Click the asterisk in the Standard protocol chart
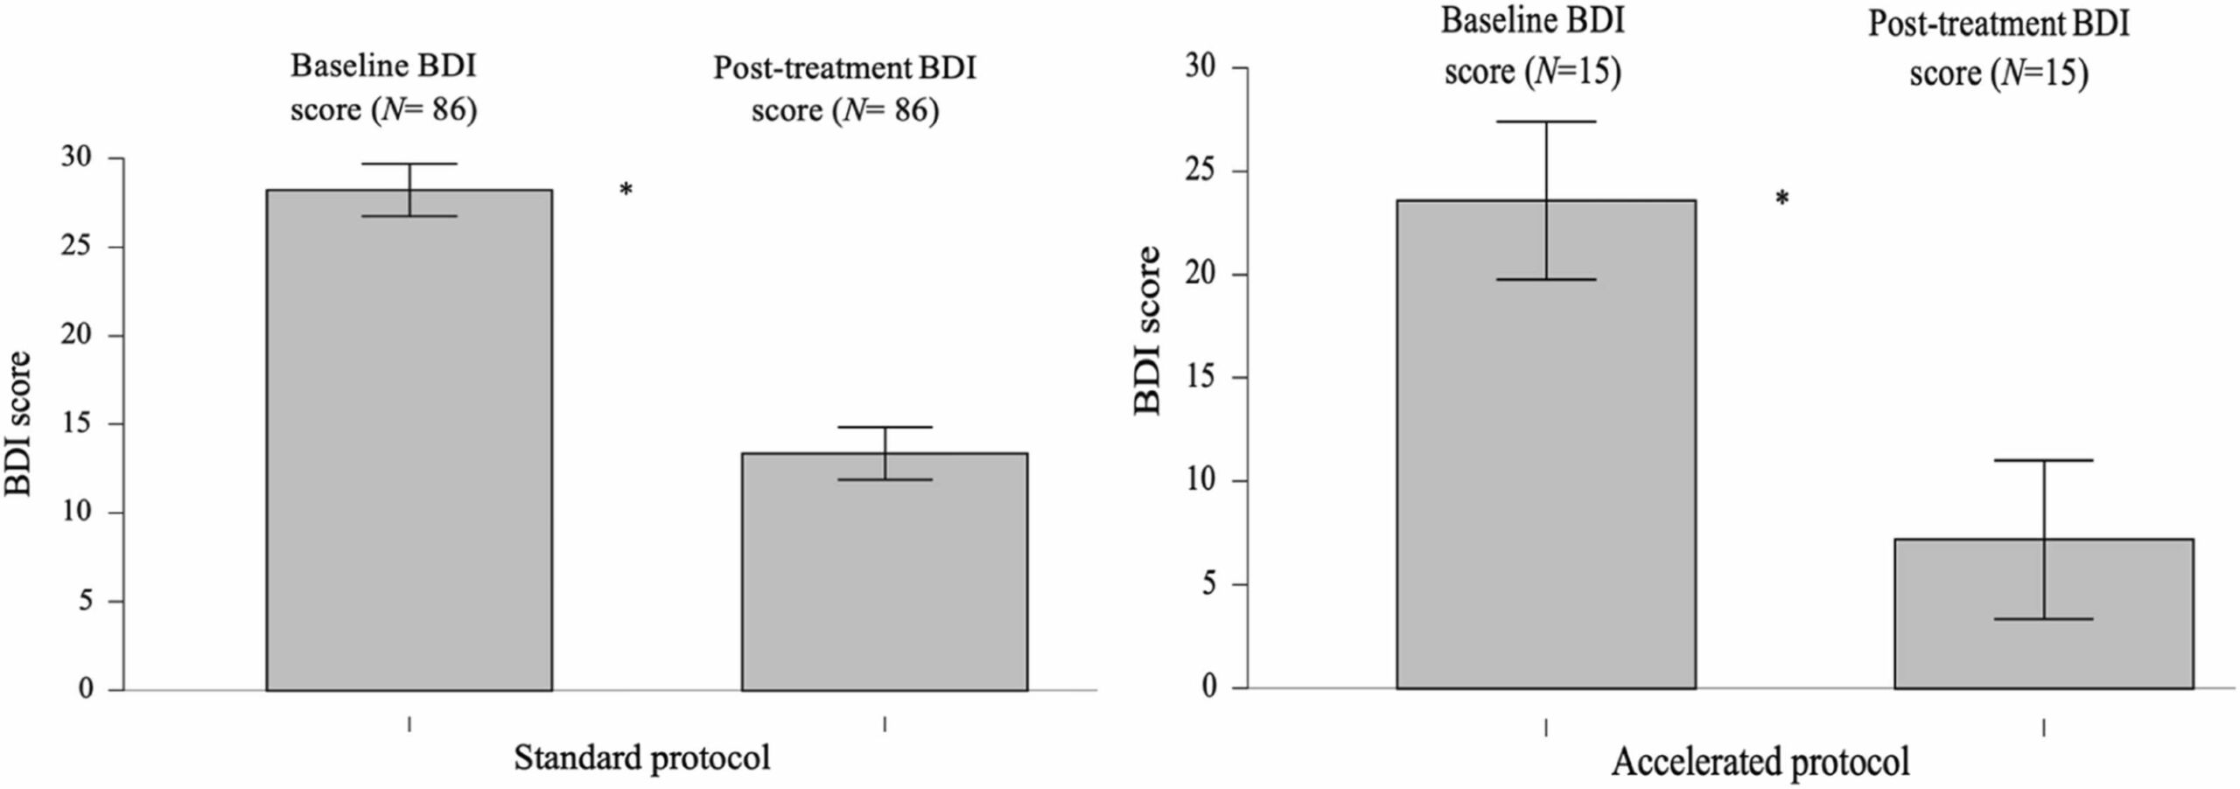pyautogui.click(x=626, y=190)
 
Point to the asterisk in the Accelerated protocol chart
pyautogui.click(x=1781, y=199)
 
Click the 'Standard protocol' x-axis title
pyautogui.click(x=641, y=758)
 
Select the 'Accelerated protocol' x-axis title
pyautogui.click(x=1760, y=761)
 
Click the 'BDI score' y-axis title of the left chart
pyautogui.click(x=18, y=423)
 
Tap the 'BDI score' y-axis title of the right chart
pyautogui.click(x=1147, y=330)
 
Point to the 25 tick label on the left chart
pyautogui.click(x=77, y=247)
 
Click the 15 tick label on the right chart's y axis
pyautogui.click(x=1202, y=378)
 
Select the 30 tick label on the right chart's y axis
pyautogui.click(x=1202, y=67)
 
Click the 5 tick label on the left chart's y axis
pyautogui.click(x=86, y=602)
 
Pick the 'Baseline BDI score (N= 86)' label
pyautogui.click(x=384, y=88)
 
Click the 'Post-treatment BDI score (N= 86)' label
pyautogui.click(x=844, y=89)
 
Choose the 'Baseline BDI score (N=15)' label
pyautogui.click(x=1532, y=46)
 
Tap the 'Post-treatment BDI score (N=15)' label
pyautogui.click(x=1998, y=48)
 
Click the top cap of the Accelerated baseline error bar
pyautogui.click(x=1545, y=122)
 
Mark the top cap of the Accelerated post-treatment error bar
pyautogui.click(x=2044, y=460)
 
